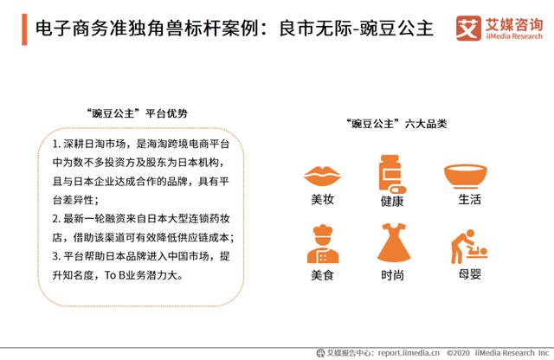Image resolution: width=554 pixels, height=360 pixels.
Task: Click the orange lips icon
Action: [322, 176]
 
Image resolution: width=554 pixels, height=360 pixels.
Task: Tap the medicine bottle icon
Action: [391, 174]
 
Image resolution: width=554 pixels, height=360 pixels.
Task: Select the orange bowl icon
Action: [466, 176]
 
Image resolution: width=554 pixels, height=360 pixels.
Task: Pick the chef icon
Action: [323, 244]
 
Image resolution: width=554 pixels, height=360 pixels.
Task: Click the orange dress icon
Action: [394, 242]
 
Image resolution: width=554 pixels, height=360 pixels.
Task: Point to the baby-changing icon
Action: [469, 247]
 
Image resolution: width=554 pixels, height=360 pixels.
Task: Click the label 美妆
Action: [322, 199]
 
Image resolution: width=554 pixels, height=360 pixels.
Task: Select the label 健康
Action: [392, 202]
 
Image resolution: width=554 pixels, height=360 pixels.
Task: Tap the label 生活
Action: [469, 199]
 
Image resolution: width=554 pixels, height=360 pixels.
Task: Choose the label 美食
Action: [322, 275]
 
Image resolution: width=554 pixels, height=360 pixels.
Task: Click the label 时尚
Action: [392, 275]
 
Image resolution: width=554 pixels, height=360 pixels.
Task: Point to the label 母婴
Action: [469, 273]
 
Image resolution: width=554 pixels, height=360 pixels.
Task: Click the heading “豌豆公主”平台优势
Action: [137, 113]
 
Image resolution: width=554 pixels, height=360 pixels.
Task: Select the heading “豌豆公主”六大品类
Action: [396, 124]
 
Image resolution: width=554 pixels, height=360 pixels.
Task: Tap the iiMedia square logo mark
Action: [468, 29]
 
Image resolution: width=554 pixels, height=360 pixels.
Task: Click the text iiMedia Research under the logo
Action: [514, 36]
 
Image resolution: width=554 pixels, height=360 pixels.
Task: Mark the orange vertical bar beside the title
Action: [24, 29]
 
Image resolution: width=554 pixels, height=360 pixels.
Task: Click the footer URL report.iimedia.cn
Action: [409, 352]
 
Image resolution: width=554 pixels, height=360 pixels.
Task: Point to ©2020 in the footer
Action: [458, 352]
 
